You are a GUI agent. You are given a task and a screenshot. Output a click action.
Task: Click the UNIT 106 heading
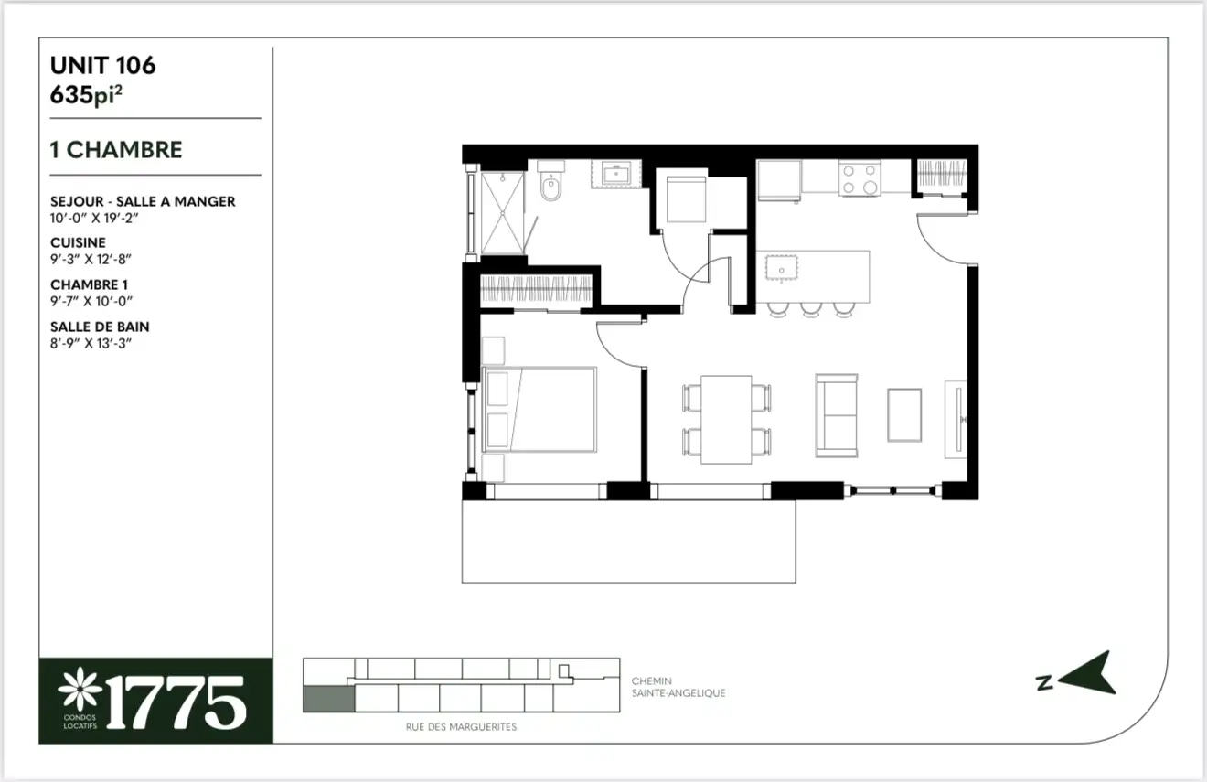[x=103, y=65]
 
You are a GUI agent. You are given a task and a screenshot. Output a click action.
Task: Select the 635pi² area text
[x=86, y=95]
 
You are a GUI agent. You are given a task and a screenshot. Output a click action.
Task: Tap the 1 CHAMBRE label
[x=116, y=150]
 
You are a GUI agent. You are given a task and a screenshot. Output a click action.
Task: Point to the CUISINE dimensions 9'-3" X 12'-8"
[x=91, y=259]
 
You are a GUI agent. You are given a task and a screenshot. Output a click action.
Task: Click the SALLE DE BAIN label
[x=100, y=327]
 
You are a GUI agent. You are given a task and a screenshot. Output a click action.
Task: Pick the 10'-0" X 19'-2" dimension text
[x=94, y=219]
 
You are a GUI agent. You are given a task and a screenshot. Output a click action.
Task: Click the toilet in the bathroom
[x=550, y=180]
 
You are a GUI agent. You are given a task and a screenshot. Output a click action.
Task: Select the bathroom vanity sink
[x=616, y=174]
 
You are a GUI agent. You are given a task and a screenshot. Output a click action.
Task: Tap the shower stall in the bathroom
[x=502, y=213]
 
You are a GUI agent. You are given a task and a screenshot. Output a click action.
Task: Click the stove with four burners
[x=860, y=177]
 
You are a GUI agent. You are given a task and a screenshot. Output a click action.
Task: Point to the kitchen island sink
[x=781, y=268]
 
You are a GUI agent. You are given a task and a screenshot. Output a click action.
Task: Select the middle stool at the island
[x=811, y=309]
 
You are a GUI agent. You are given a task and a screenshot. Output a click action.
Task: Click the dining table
[x=726, y=419]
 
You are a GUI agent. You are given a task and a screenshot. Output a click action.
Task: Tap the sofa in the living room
[x=837, y=415]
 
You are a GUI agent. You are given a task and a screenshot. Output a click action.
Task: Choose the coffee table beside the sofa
[x=904, y=415]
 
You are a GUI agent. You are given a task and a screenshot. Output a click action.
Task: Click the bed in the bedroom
[x=539, y=410]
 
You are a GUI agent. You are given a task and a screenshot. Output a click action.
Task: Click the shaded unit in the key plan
[x=328, y=699]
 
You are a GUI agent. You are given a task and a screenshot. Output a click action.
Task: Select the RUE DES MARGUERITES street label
[x=461, y=727]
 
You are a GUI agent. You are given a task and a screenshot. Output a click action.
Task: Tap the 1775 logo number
[x=176, y=702]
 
